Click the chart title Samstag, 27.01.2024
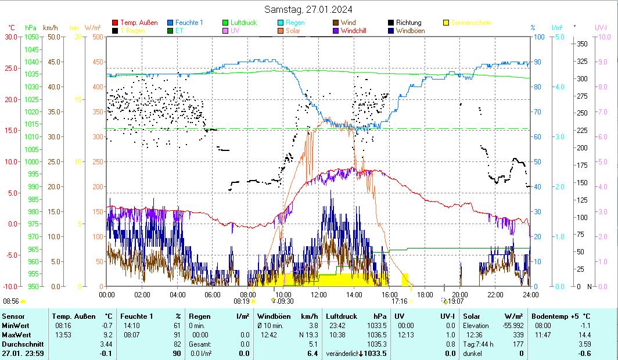(308, 9)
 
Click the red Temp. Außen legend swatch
(115, 23)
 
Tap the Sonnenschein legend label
(471, 23)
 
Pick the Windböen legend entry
(410, 31)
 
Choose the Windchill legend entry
(357, 31)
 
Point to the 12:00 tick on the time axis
(319, 294)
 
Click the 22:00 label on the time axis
(495, 294)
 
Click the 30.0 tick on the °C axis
(11, 37)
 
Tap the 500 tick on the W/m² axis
(98, 37)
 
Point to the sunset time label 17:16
(399, 301)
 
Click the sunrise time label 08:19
(242, 301)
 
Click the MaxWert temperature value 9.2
(107, 335)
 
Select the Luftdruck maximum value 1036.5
(376, 335)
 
